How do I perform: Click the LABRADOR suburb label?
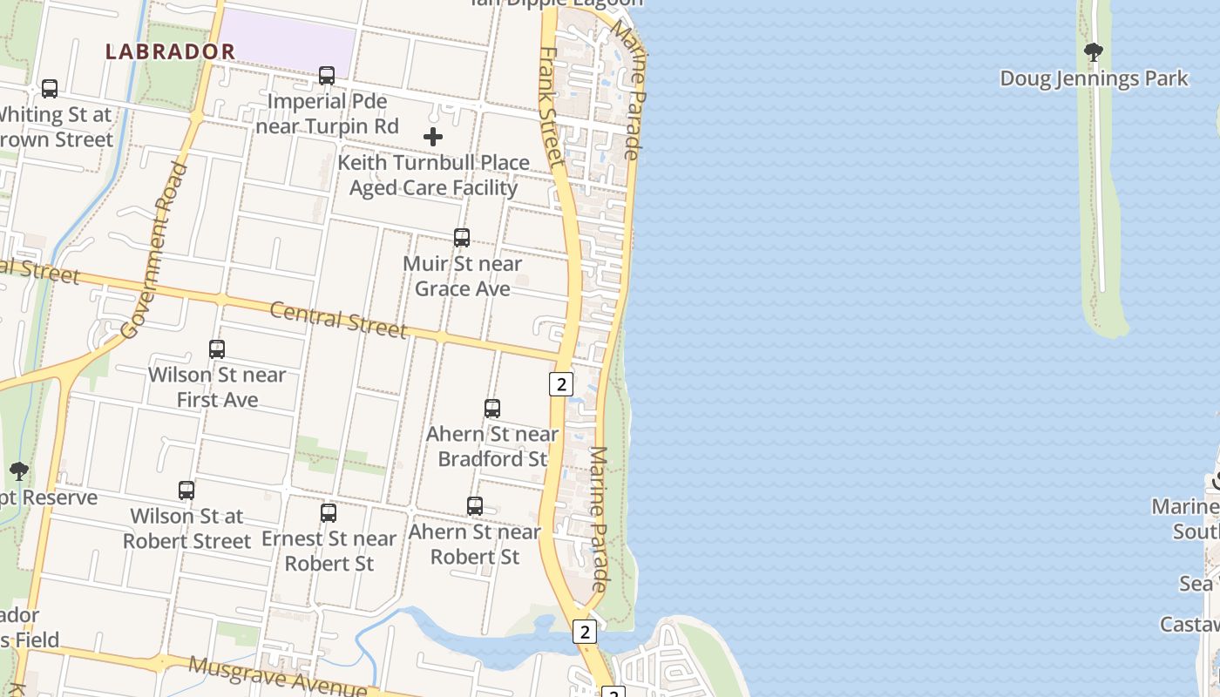tap(170, 51)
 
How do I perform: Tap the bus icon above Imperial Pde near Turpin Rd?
tap(327, 76)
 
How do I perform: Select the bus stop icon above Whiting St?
tap(50, 88)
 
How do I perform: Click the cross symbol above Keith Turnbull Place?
tap(433, 137)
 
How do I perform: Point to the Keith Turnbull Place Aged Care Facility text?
tap(433, 175)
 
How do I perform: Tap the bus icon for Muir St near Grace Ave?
tap(462, 237)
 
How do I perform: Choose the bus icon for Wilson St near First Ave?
tap(217, 349)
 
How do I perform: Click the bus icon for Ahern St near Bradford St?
tap(492, 408)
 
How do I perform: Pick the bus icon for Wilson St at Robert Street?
tap(186, 490)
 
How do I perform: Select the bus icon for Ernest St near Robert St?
tap(329, 512)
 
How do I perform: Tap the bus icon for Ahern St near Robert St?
tap(475, 505)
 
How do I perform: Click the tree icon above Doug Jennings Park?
tap(1094, 52)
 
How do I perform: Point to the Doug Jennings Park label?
tap(1094, 78)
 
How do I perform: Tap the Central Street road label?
tap(338, 319)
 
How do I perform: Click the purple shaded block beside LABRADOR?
tap(288, 44)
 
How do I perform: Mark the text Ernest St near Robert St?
tap(329, 551)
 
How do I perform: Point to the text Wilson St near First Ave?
tap(217, 387)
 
